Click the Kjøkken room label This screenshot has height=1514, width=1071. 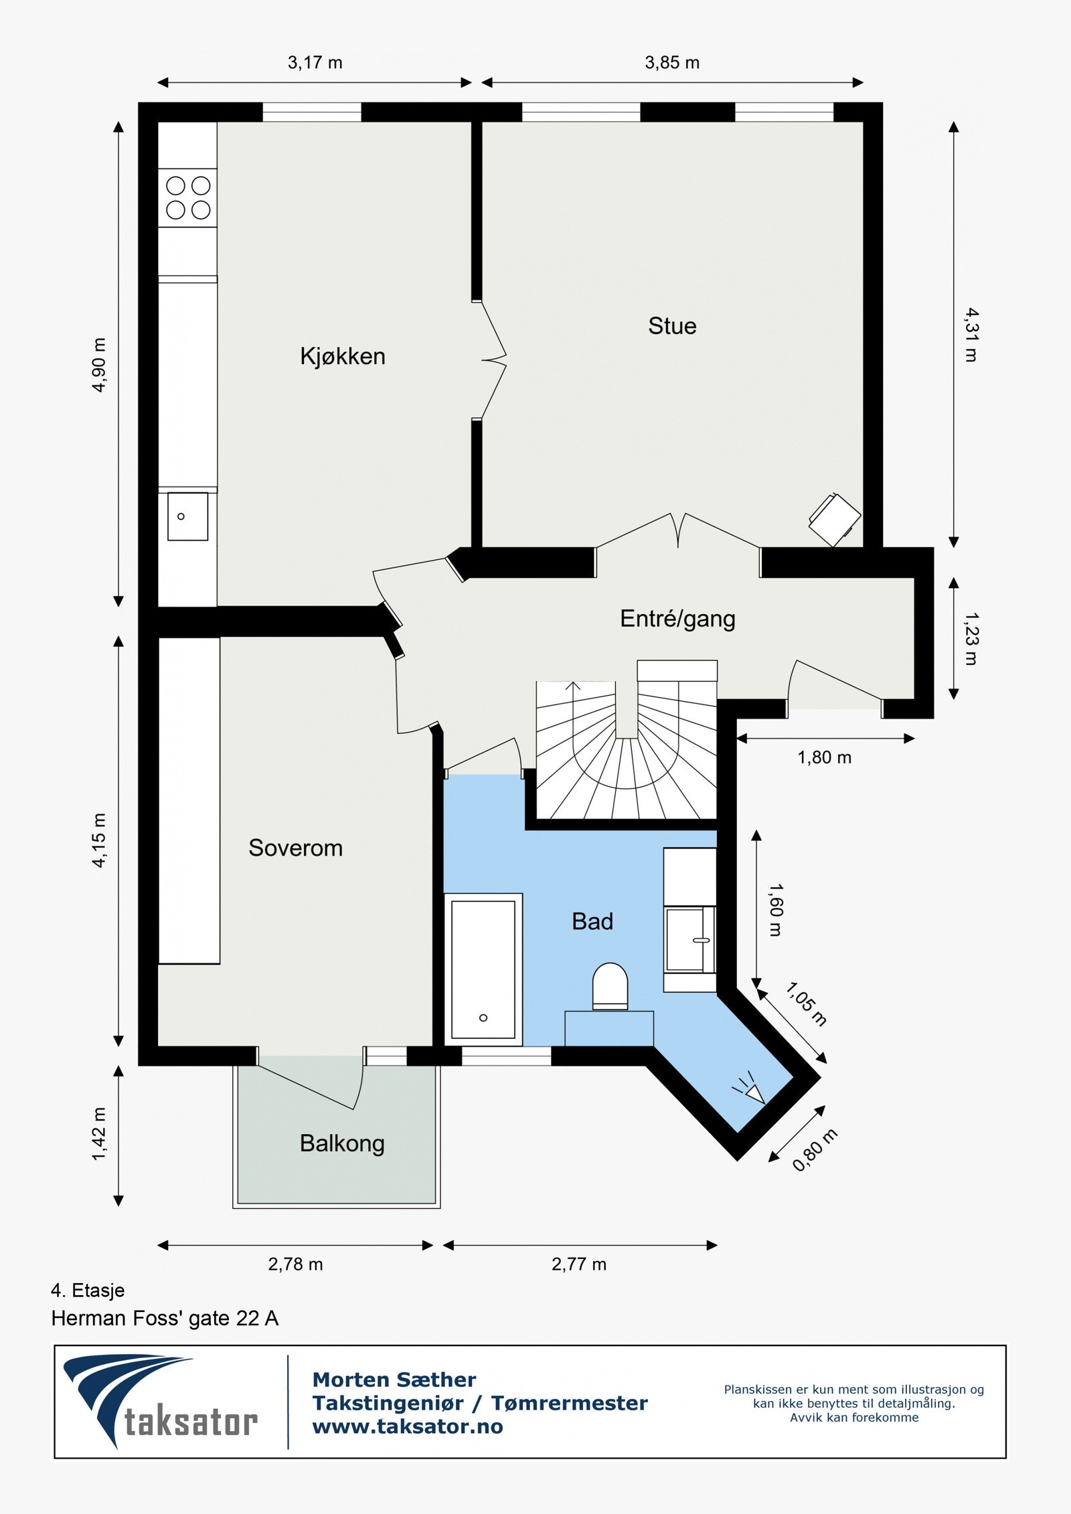pos(343,357)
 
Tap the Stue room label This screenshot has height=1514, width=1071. pos(672,326)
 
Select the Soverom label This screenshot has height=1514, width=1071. pos(295,848)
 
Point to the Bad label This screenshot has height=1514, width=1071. pos(592,922)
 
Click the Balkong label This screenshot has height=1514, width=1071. pos(342,1143)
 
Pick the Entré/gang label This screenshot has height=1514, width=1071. pos(677,619)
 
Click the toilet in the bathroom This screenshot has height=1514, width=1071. pos(610,986)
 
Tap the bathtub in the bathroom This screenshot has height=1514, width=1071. pos(483,969)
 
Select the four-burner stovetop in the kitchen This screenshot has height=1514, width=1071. pos(188,198)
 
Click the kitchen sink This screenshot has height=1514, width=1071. pos(187,516)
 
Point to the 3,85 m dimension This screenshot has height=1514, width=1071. pos(672,63)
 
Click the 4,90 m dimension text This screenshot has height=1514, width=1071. pos(99,365)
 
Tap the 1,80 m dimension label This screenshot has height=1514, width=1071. pos(824,758)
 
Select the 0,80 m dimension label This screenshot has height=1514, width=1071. pos(815,1150)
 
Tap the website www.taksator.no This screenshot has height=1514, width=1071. pos(408,1427)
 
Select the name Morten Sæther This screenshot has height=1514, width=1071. pos(394,1380)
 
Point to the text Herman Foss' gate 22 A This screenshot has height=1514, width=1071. pos(165,1319)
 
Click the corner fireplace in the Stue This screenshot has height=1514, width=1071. pos(835,520)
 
